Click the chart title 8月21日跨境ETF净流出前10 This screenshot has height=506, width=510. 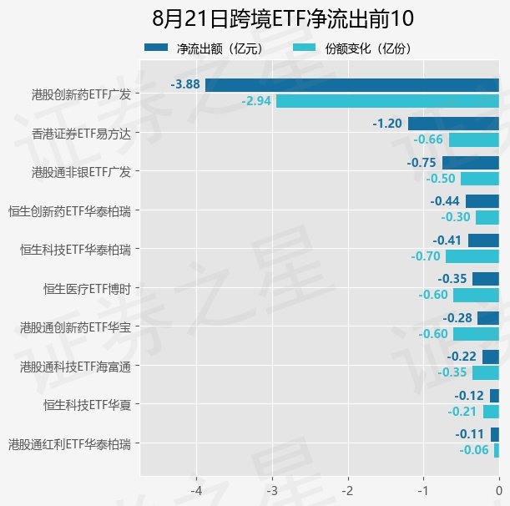click(x=283, y=18)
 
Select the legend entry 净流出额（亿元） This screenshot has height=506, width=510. click(x=204, y=48)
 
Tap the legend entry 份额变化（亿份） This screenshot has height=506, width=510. click(x=352, y=48)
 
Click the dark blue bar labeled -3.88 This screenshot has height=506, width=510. click(x=352, y=85)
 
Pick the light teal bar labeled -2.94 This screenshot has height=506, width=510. click(x=387, y=101)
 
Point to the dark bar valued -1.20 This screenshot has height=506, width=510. click(x=453, y=124)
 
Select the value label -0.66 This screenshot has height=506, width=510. click(x=428, y=139)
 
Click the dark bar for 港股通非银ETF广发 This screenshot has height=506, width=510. click(x=470, y=163)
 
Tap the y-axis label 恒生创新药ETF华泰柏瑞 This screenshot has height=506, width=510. click(x=69, y=211)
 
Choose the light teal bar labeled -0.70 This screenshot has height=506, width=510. click(x=472, y=256)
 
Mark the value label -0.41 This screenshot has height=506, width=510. click(x=447, y=240)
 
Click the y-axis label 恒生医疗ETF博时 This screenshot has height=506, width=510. click(x=87, y=289)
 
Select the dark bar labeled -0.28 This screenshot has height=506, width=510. click(x=488, y=318)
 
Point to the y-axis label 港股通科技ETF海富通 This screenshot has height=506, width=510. click(x=75, y=367)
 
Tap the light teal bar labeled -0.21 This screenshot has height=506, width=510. click(x=491, y=412)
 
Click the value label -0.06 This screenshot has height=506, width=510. click(x=474, y=450)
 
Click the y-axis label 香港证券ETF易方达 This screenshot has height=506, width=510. click(x=81, y=134)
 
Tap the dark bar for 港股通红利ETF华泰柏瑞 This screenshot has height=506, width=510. click(x=495, y=434)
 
